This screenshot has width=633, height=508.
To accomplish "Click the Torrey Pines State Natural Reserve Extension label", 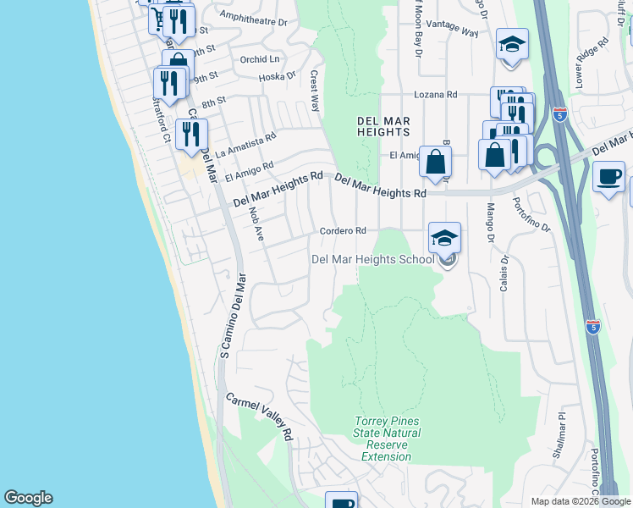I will pos(386,439).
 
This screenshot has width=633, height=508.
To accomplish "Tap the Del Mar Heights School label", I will pos(373,259).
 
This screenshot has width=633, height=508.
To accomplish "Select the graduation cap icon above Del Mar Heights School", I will pos(444,238).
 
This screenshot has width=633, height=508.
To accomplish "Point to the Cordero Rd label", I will pos(343,230).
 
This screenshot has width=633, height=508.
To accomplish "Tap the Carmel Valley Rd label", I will pos(259,417).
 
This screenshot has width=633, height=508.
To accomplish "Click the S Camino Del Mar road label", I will pos(233,315).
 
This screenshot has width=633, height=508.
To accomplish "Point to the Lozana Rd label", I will pos(435,95).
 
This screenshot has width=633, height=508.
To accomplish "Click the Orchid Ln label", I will pos(259,59).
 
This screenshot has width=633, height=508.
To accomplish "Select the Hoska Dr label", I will pos(279,75).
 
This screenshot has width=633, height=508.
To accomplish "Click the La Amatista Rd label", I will pos(245,145).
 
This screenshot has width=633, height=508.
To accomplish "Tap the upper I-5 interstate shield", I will pos(559,113).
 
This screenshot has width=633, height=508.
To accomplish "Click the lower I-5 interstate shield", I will pos(593,326).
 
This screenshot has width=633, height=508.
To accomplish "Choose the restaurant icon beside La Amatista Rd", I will pos(191,134).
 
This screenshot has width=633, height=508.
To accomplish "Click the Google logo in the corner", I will pos(28,498).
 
